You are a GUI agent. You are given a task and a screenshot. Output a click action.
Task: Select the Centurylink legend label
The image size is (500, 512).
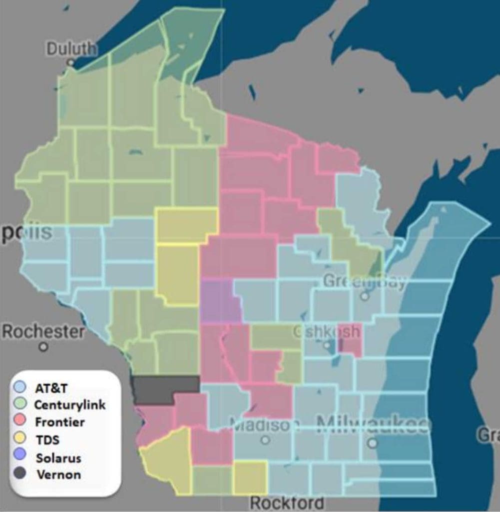click(70, 404)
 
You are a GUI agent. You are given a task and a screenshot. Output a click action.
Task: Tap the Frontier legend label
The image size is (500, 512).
click(59, 422)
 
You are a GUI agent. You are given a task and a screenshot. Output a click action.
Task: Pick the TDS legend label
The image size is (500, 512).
click(47, 439)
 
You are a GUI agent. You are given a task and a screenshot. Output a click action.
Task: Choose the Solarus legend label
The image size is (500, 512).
click(58, 457)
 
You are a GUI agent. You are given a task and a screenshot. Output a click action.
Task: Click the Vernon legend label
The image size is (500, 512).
click(58, 474)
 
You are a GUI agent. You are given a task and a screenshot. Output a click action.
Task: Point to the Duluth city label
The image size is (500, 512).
click(71, 48)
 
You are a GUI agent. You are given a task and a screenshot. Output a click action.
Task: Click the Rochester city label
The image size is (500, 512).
click(43, 331)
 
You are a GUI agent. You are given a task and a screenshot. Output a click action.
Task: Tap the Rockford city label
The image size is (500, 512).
click(287, 502)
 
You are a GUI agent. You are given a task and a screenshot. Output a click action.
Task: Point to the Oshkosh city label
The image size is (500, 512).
click(326, 331)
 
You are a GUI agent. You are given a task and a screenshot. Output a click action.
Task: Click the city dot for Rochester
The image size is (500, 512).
click(44, 346)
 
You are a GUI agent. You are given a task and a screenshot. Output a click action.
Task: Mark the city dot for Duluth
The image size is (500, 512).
click(71, 63)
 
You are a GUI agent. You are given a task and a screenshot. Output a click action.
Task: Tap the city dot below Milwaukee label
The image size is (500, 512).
click(372, 443)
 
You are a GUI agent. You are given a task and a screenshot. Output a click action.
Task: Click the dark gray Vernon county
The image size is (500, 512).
click(165, 388)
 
